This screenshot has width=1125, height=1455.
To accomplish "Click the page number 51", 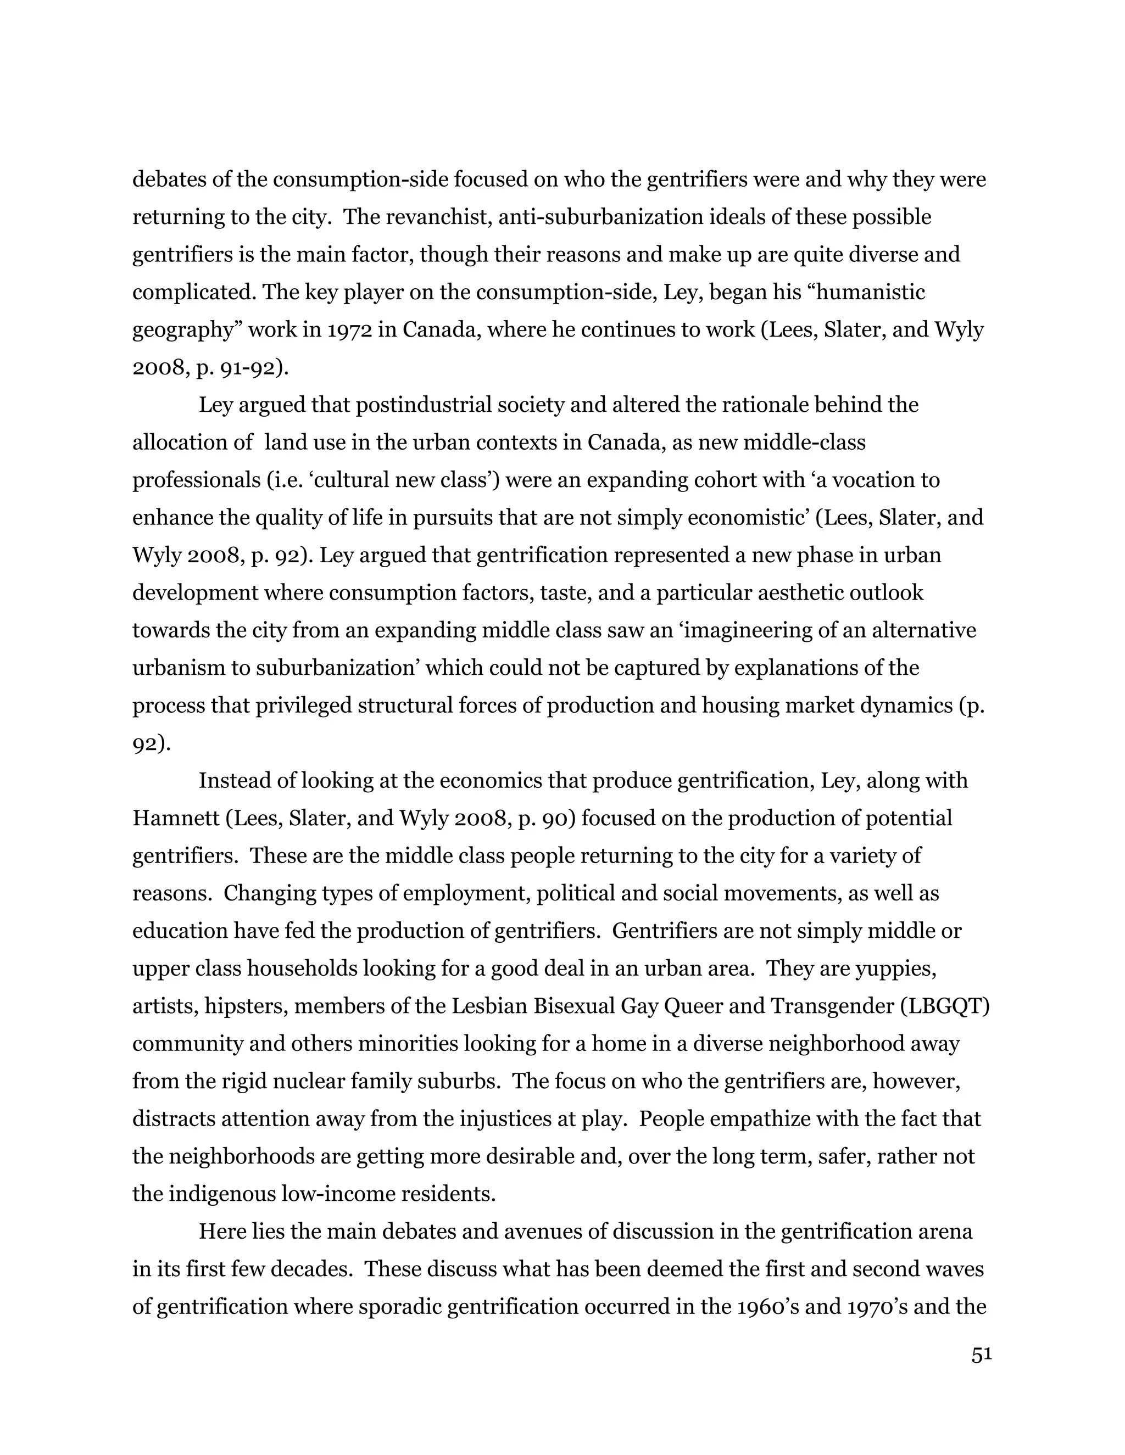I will point(981,1355).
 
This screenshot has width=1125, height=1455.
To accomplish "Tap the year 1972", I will point(349,330).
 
